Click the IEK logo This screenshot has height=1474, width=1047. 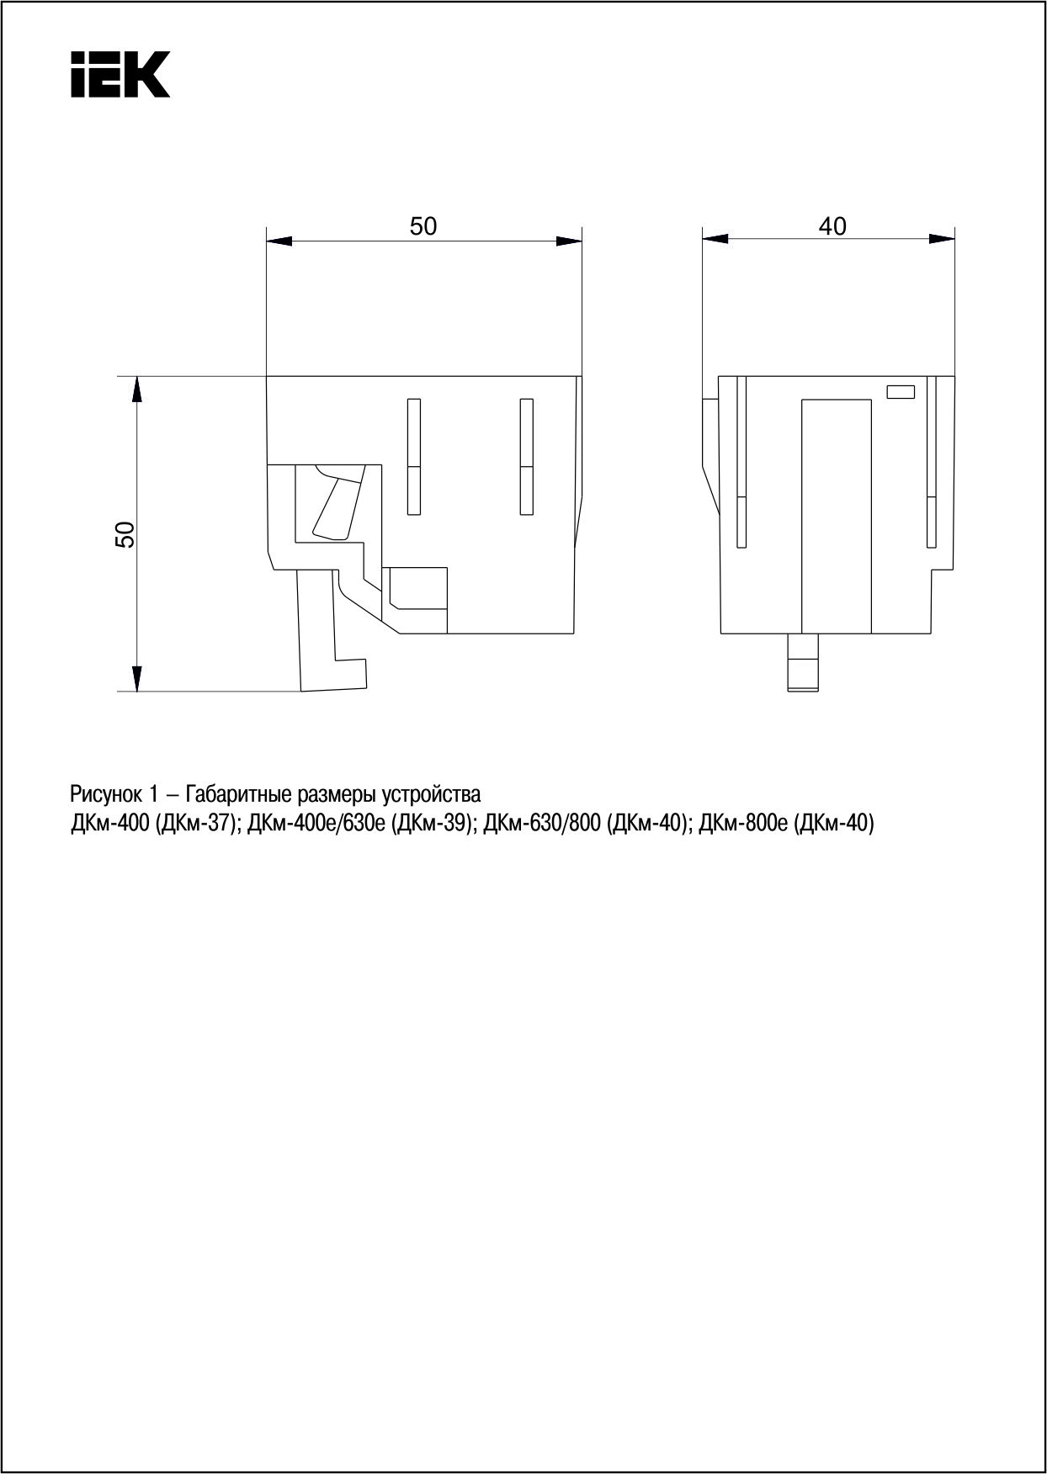point(120,74)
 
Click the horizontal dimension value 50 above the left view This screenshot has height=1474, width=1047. point(423,226)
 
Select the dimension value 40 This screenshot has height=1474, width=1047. point(832,226)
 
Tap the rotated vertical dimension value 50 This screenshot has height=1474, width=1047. point(125,534)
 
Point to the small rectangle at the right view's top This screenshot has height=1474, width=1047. point(901,391)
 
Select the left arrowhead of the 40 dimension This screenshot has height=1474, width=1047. point(715,239)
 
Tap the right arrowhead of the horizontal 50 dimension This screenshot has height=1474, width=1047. point(569,241)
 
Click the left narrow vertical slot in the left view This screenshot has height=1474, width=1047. point(413,456)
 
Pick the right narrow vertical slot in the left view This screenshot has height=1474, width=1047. point(527,456)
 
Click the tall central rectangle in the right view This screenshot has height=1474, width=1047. point(836,516)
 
